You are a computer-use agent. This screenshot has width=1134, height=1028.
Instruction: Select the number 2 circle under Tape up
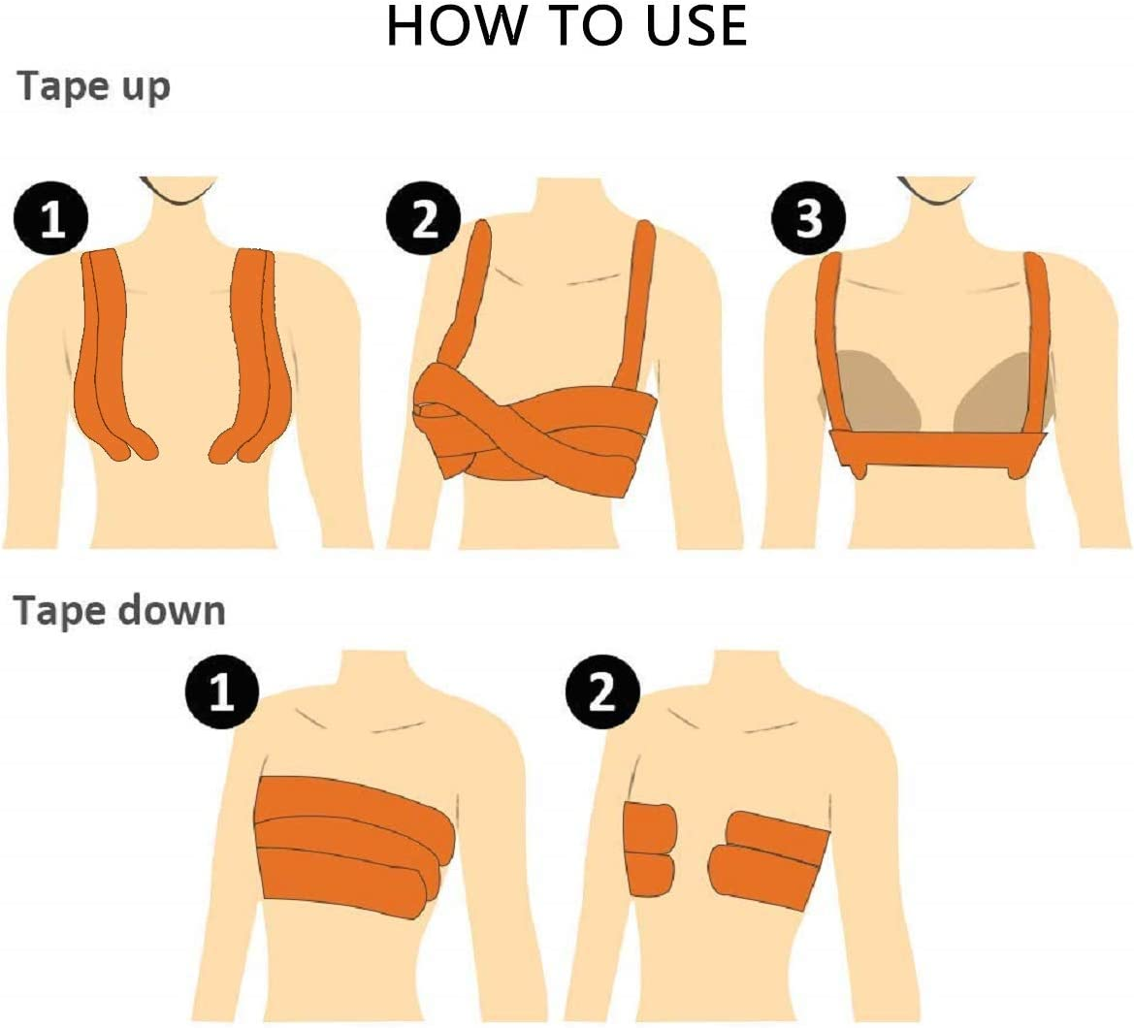click(x=424, y=220)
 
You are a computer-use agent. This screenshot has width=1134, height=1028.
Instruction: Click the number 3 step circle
click(x=807, y=220)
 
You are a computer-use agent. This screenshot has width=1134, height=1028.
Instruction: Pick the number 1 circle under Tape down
click(x=222, y=694)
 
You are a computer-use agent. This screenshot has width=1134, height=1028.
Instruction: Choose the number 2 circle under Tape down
click(x=601, y=694)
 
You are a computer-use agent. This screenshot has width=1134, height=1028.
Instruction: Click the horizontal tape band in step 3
click(x=937, y=449)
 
